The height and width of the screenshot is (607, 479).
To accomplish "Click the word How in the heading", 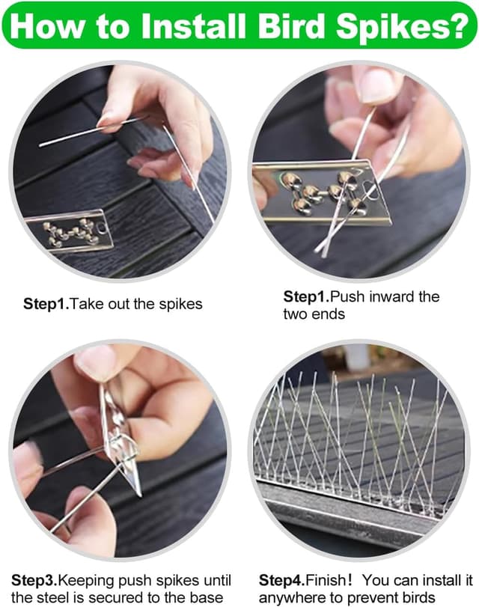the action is tap(47, 25).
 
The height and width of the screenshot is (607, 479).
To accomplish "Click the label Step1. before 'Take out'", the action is tap(46, 305).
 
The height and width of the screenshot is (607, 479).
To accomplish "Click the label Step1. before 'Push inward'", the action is tap(306, 297).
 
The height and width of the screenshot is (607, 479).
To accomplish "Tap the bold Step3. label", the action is tap(34, 581).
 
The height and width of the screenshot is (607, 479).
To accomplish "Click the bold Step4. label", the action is tap(282, 581).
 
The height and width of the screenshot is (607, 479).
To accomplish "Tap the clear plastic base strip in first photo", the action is tap(70, 231).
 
